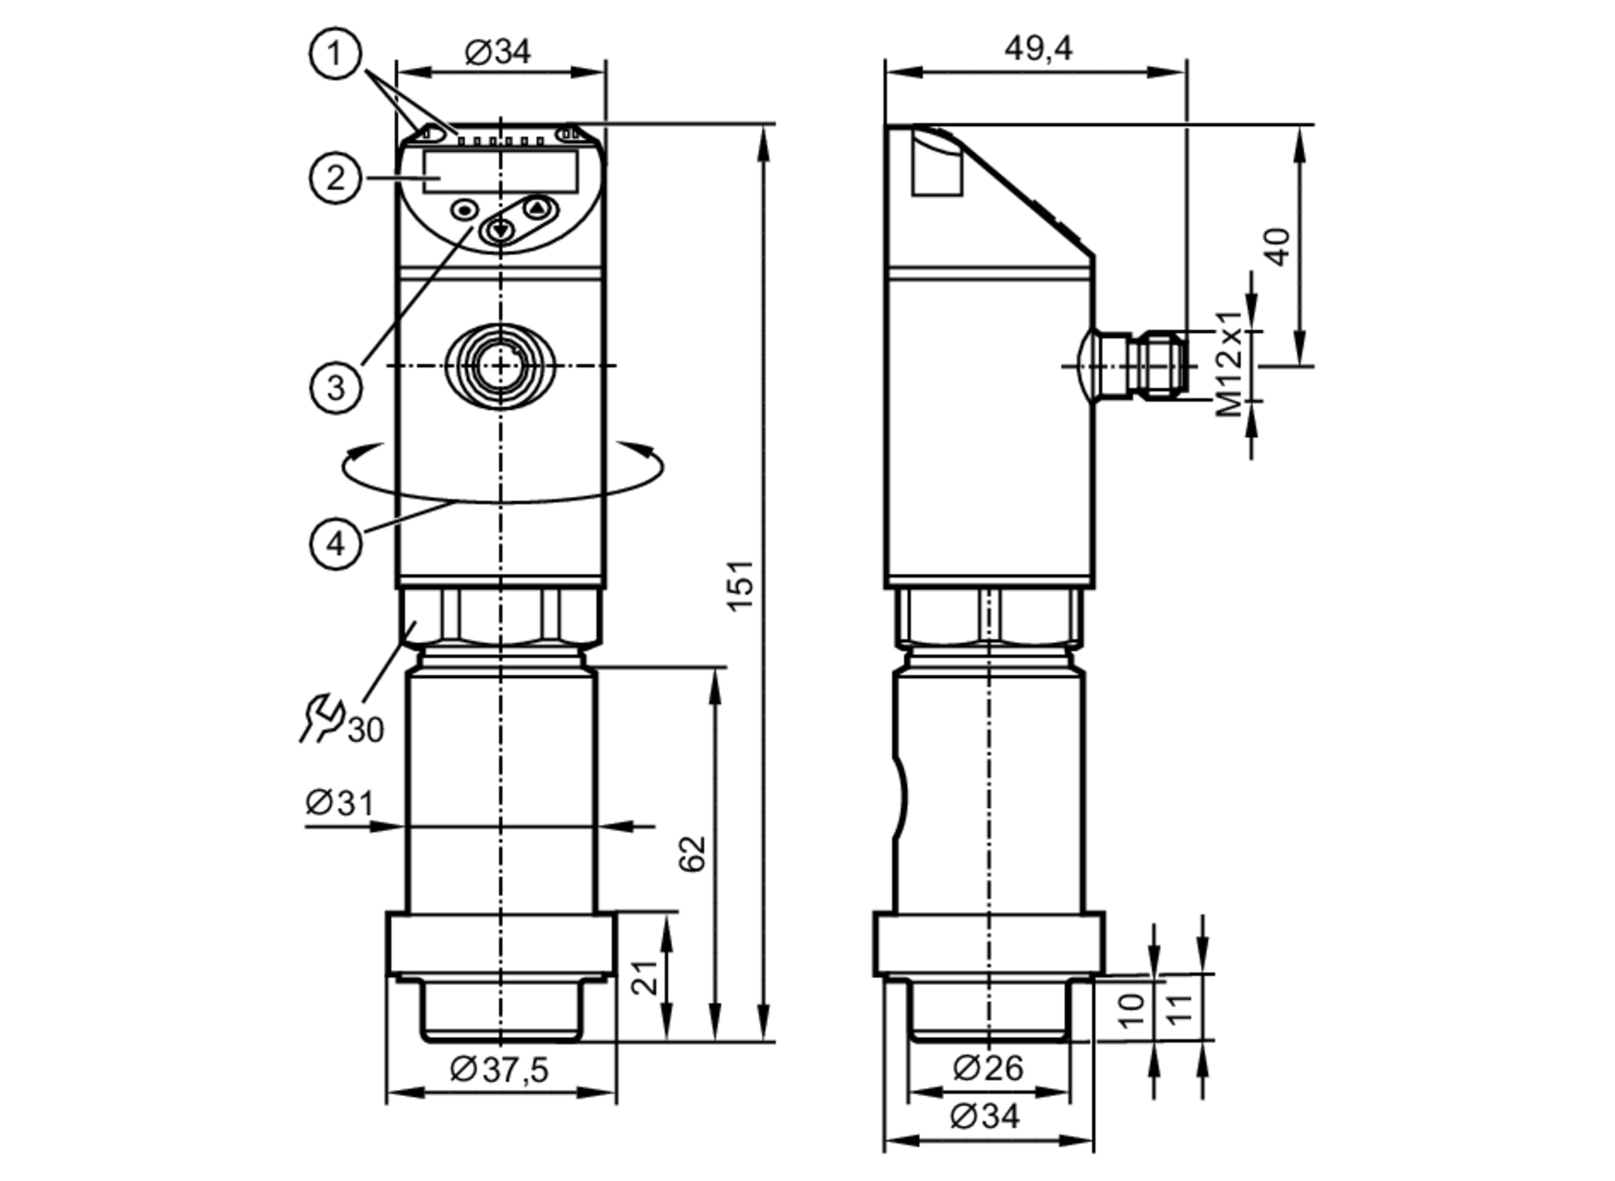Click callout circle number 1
click(x=334, y=54)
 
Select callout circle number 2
click(x=334, y=178)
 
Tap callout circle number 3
click(x=334, y=387)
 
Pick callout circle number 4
click(x=334, y=544)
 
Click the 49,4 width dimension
click(x=1038, y=49)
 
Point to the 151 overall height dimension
click(x=740, y=585)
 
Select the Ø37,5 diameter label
click(x=499, y=1070)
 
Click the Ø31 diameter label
click(x=339, y=803)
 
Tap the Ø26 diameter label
click(x=988, y=1068)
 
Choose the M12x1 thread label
click(x=1230, y=364)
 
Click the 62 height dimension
click(x=693, y=854)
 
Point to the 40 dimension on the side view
click(x=1277, y=247)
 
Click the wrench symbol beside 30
click(x=321, y=717)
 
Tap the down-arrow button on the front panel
click(x=501, y=231)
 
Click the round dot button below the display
click(x=464, y=211)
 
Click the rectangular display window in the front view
click(x=501, y=171)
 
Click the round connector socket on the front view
click(x=501, y=366)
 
